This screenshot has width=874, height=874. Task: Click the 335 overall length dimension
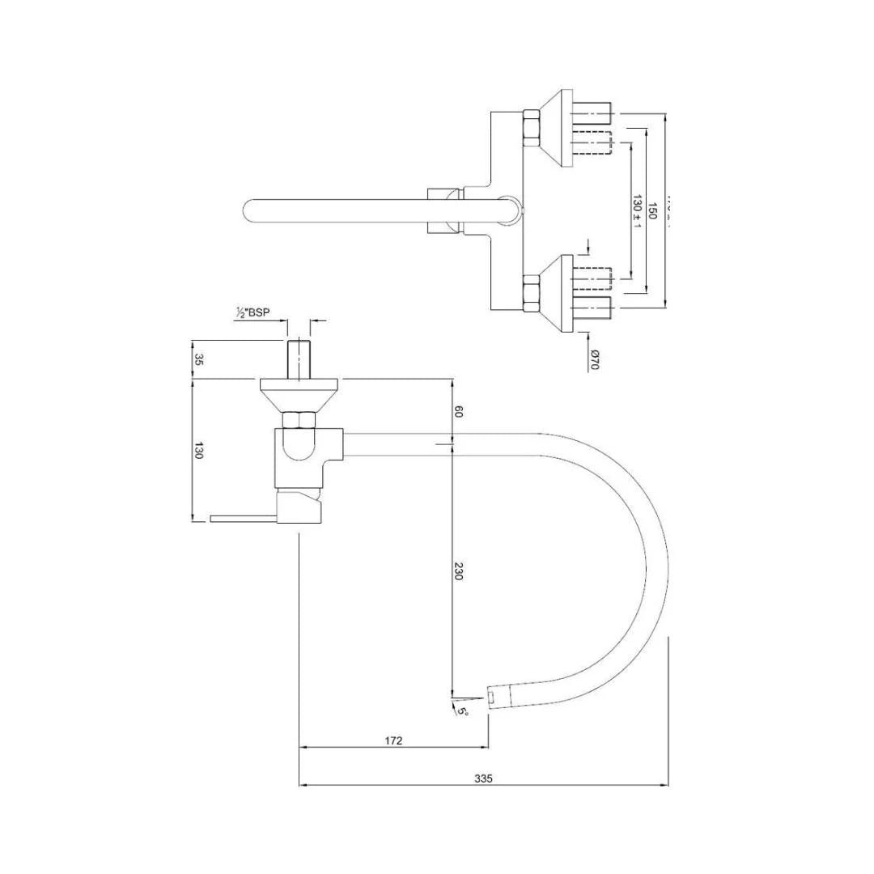click(x=483, y=779)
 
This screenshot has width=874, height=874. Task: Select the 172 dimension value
click(x=394, y=740)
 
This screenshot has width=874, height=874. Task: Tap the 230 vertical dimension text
click(x=458, y=571)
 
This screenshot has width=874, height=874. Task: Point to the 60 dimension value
click(x=458, y=412)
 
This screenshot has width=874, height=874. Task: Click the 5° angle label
click(x=463, y=711)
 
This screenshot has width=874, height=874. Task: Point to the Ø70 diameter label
click(x=594, y=359)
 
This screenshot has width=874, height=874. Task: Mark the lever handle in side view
click(x=243, y=518)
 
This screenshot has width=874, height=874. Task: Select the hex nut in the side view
click(x=299, y=420)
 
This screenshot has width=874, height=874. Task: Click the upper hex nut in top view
click(x=532, y=128)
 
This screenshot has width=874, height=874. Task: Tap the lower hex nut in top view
click(x=532, y=293)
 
